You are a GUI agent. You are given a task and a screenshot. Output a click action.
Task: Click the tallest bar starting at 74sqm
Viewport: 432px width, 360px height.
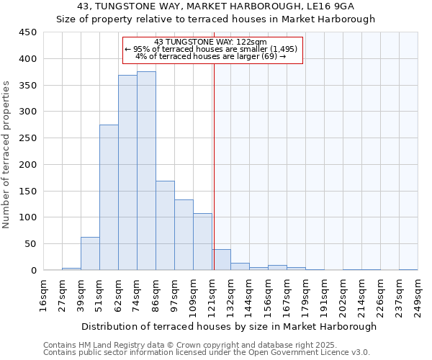tap(146, 171)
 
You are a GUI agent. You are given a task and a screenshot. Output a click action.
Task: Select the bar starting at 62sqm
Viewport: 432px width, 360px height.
tap(127, 173)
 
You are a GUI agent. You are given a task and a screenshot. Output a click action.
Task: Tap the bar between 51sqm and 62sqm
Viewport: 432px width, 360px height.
tap(109, 197)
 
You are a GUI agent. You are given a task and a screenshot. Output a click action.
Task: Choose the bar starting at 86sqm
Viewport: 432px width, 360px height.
tap(165, 225)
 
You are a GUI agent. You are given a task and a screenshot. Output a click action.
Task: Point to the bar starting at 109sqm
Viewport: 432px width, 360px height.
tap(202, 242)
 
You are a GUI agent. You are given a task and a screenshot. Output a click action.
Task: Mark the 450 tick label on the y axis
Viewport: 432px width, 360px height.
tap(28, 32)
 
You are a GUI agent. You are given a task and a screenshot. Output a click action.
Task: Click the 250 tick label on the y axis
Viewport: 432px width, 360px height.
tap(28, 138)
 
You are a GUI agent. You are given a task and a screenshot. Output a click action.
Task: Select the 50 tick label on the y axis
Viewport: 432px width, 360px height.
tap(31, 244)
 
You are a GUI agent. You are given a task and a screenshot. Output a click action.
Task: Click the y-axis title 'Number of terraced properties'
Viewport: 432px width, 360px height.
tap(7, 155)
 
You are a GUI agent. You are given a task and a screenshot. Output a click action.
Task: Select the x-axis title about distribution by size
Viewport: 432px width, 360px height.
tap(228, 326)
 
